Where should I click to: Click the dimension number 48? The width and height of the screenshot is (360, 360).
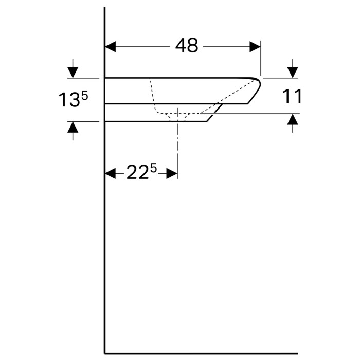[x=187, y=46]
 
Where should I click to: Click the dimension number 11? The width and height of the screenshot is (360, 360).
[x=292, y=96]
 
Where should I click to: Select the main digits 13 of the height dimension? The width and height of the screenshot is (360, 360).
[x=68, y=100]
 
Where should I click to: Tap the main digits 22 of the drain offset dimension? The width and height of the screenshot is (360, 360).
[x=137, y=174]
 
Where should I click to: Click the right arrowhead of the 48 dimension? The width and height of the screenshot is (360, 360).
[x=255, y=47]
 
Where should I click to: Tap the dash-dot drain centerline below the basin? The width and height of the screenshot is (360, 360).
[x=177, y=149]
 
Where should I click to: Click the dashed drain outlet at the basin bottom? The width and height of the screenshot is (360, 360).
[x=177, y=118]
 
